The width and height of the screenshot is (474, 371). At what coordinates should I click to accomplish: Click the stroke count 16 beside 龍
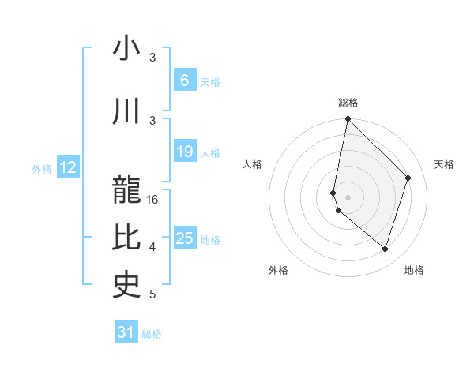pos(153,200)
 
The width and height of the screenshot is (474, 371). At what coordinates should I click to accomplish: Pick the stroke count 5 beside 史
pos(152,294)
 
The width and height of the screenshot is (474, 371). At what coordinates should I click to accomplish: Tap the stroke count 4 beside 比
pos(152,247)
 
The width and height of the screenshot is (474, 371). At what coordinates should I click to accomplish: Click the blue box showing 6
pos(184,81)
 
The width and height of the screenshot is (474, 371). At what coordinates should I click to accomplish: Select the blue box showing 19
pos(184,152)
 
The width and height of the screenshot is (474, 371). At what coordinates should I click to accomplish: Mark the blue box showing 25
pos(184,238)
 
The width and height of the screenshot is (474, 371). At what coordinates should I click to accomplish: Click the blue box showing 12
pos(68,167)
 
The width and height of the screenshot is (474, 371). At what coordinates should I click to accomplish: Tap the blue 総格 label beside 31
pos(152,334)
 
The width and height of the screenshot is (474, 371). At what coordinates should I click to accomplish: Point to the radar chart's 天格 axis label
pos(445,164)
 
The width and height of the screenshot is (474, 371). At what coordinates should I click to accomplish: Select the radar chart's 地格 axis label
pos(414,270)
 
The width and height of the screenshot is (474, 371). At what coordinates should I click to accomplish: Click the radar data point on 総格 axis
pos(348,118)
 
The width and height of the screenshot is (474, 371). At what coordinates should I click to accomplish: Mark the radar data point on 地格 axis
pos(385,249)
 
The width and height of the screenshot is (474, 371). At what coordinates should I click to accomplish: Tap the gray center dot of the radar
pos(348,197)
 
